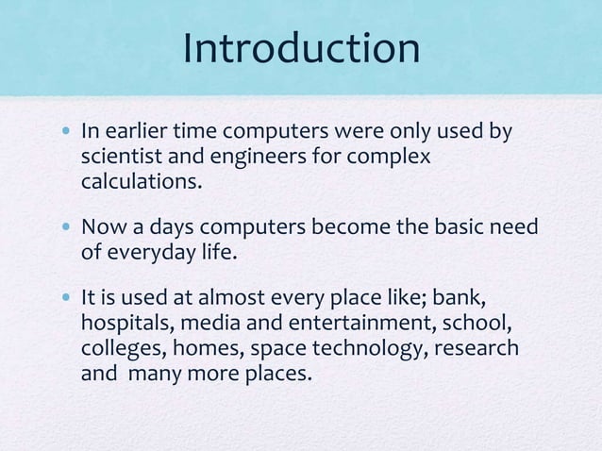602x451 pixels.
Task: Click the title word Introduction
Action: click(x=301, y=48)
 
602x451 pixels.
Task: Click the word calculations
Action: click(x=142, y=180)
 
